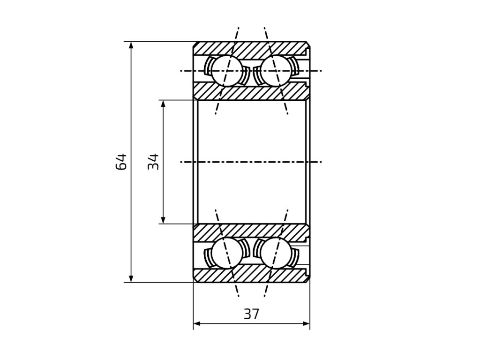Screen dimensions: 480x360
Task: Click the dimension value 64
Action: [x=121, y=162]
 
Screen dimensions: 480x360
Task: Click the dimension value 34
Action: [x=154, y=162]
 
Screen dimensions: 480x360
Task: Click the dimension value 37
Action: [x=251, y=314]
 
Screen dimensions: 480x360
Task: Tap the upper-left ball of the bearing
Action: [x=226, y=71]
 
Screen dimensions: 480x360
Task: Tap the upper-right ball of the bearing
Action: [x=275, y=71]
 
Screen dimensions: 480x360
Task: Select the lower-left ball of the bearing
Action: [x=226, y=253]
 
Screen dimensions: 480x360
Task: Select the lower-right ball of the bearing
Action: [x=275, y=253]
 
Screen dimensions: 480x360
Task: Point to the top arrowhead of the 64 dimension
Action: [x=131, y=45]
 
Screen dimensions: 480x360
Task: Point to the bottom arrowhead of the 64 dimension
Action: [x=131, y=279]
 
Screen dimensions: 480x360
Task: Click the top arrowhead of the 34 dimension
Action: [x=163, y=104]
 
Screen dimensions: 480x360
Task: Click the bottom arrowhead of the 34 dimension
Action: [x=163, y=220]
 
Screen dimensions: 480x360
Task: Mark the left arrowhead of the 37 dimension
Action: [x=197, y=323]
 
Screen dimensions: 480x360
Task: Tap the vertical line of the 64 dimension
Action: [x=131, y=211]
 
